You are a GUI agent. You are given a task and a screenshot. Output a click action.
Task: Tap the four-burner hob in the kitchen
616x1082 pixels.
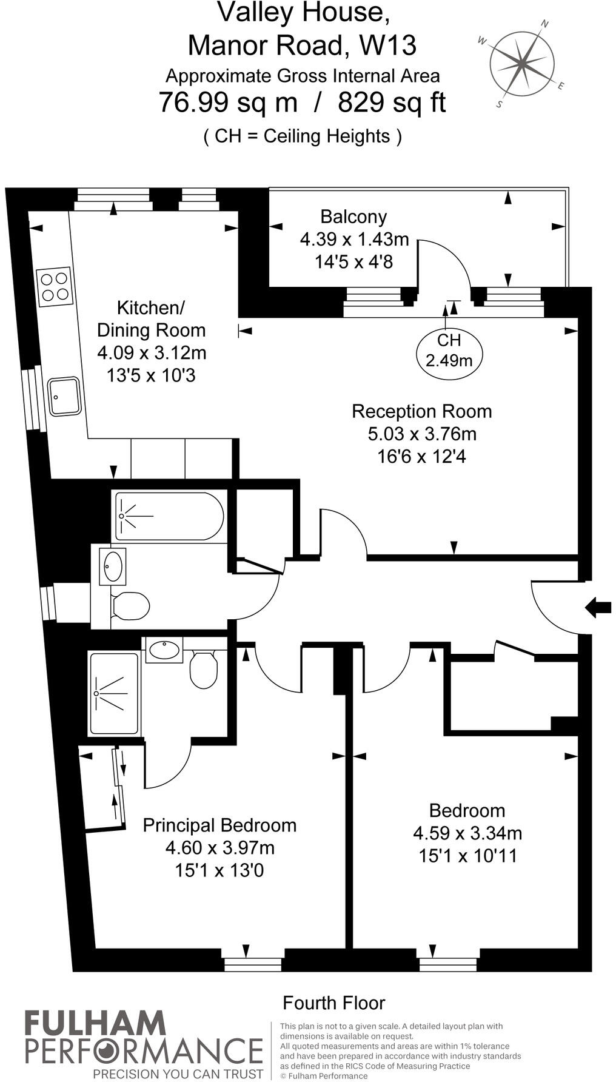54,287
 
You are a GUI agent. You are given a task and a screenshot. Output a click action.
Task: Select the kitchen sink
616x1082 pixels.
64,397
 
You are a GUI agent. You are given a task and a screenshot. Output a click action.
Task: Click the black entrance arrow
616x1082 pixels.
598,607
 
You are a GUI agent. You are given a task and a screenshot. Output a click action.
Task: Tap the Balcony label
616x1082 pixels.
353,217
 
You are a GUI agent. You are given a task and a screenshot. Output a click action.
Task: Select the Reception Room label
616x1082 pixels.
422,411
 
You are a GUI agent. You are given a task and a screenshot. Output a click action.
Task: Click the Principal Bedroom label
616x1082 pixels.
219,825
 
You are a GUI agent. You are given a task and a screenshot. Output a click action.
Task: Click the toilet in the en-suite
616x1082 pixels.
203,669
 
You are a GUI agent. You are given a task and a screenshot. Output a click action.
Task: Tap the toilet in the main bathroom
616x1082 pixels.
130,606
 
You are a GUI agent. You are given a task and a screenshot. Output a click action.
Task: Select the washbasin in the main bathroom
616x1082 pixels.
113,566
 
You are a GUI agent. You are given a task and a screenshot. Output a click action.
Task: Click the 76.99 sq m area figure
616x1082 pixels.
229,102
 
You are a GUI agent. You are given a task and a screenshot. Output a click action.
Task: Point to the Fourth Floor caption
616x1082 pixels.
334,1003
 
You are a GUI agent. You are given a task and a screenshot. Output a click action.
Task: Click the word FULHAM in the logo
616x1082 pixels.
95,1023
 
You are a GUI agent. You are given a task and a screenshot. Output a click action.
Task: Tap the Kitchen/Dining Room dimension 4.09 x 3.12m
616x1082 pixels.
152,352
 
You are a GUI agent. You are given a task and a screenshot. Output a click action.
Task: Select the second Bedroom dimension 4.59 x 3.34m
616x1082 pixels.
467,833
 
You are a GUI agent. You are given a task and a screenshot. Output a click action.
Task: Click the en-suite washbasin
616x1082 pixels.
164,650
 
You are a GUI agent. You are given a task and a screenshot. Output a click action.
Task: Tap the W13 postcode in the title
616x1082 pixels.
388,45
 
